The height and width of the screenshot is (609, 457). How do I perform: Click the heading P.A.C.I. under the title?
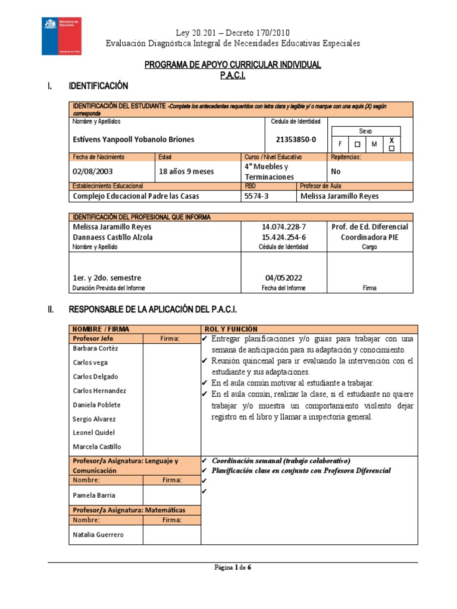[233, 76]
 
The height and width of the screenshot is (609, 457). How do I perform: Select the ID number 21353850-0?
[296, 139]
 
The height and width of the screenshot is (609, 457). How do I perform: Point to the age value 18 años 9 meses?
[186, 171]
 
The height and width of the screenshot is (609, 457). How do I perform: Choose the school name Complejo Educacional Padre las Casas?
[136, 196]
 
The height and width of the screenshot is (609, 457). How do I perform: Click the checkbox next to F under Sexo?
[356, 144]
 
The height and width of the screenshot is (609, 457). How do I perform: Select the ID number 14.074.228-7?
[284, 227]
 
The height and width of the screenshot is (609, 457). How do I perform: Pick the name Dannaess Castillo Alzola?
[112, 237]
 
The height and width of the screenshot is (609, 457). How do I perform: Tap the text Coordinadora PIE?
[370, 237]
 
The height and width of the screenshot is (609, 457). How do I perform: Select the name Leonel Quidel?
[94, 432]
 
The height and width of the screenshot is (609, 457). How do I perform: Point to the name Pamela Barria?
[94, 495]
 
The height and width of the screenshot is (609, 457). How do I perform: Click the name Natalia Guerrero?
[98, 535]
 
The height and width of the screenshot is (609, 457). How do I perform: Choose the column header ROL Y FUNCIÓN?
[231, 328]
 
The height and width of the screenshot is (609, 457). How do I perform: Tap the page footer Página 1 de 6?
[233, 567]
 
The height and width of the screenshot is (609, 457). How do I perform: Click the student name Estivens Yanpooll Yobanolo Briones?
[133, 139]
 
